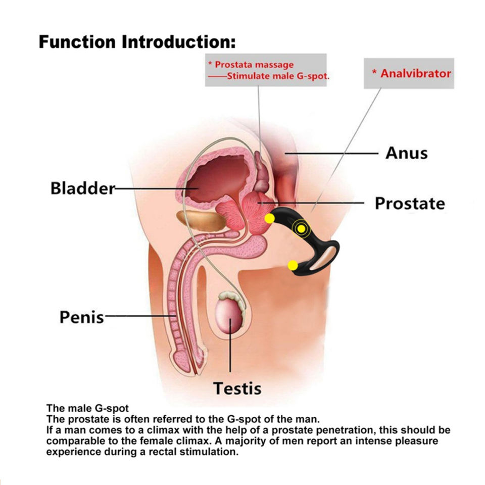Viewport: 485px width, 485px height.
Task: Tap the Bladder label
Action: pyautogui.click(x=82, y=189)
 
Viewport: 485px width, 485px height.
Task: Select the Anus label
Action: pyautogui.click(x=406, y=153)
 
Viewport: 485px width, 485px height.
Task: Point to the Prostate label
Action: pyautogui.click(x=410, y=204)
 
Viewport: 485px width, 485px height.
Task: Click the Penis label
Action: pyautogui.click(x=81, y=317)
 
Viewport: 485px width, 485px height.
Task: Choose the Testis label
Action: pyautogui.click(x=237, y=389)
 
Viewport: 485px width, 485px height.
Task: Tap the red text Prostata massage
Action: pyautogui.click(x=251, y=65)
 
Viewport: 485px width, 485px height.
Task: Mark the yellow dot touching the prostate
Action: pyautogui.click(x=269, y=218)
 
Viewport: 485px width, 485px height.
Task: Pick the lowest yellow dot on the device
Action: pyautogui.click(x=293, y=265)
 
